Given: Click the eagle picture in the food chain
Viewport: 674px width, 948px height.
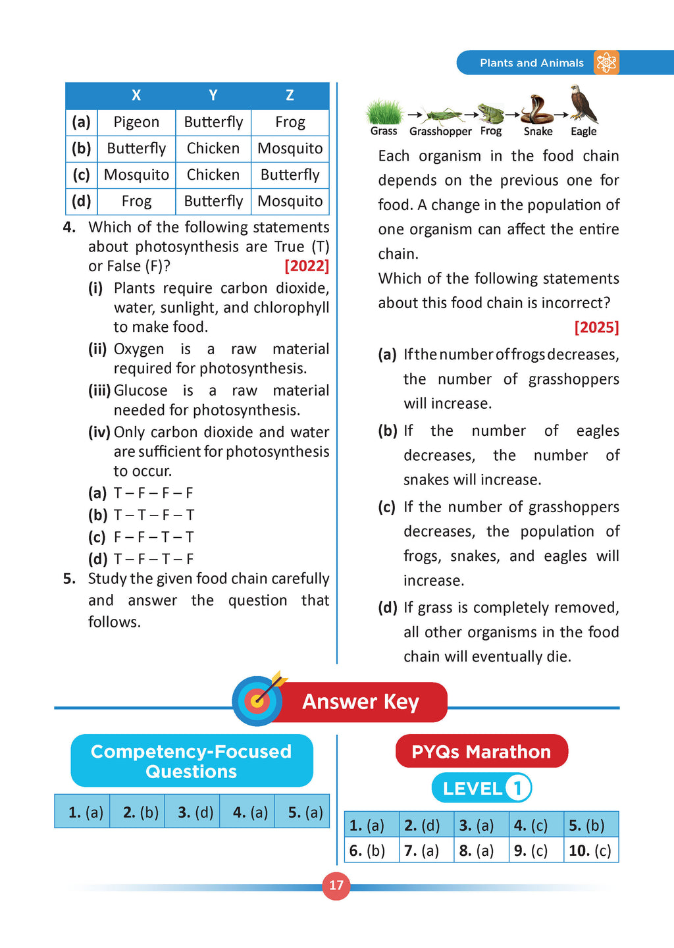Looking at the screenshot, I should pyautogui.click(x=584, y=104).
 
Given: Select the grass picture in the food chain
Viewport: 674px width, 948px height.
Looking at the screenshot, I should pyautogui.click(x=384, y=112).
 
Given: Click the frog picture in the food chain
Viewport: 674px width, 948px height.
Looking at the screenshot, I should pyautogui.click(x=491, y=113).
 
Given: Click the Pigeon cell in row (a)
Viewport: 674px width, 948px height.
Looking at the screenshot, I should pyautogui.click(x=136, y=122).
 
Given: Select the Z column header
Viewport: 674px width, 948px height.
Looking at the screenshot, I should pyautogui.click(x=290, y=95).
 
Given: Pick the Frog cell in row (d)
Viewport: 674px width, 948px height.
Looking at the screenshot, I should pyautogui.click(x=136, y=201).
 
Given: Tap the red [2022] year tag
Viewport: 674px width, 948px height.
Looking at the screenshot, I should pyautogui.click(x=307, y=266).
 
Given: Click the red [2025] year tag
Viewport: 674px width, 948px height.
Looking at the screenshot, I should pyautogui.click(x=596, y=328).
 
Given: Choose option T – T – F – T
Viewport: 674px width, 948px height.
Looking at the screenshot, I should pyautogui.click(x=154, y=515).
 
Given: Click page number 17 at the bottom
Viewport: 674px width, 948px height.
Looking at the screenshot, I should pyautogui.click(x=336, y=885).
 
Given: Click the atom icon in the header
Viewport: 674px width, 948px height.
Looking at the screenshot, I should pyautogui.click(x=606, y=63).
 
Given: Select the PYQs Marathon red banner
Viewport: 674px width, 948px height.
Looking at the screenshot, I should pyautogui.click(x=481, y=751).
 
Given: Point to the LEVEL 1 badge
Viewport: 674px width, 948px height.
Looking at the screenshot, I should pyautogui.click(x=481, y=788).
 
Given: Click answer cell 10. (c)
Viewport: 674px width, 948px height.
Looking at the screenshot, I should pyautogui.click(x=590, y=851).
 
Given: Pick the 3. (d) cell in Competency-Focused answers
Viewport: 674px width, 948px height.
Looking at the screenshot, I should pyautogui.click(x=192, y=812).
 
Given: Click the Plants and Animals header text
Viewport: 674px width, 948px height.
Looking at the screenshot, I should pyautogui.click(x=531, y=63).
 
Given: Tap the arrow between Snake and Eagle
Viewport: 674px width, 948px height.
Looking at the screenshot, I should pyautogui.click(x=561, y=115).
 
